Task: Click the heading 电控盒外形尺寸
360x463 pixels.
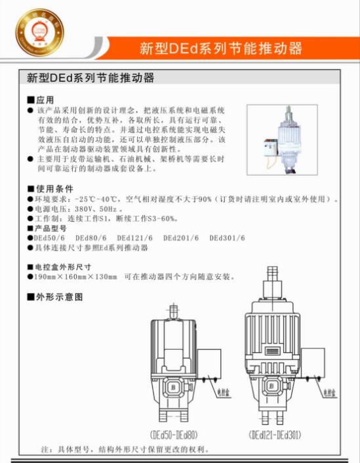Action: [x=63, y=267]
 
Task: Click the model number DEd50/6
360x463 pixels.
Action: [x=49, y=238]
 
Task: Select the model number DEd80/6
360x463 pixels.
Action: [x=90, y=238]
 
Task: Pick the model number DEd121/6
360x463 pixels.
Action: [x=134, y=238]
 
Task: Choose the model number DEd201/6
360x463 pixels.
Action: [x=181, y=238]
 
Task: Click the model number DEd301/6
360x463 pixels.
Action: [x=227, y=238]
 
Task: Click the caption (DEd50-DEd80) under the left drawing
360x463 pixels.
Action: [x=174, y=434]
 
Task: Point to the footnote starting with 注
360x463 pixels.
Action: [x=125, y=451]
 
